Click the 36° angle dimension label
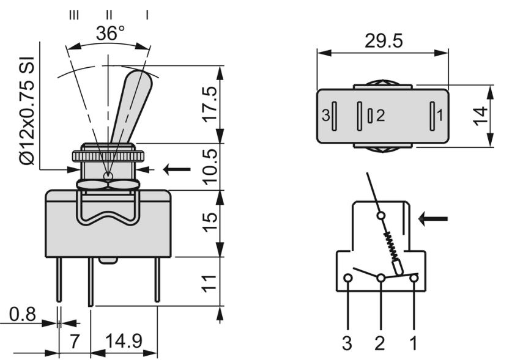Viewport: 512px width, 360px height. [110, 33]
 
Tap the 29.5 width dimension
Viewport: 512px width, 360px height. [384, 41]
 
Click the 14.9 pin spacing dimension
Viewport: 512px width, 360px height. [124, 342]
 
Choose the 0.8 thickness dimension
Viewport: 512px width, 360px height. [22, 315]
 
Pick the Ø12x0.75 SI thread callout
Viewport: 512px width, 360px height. [27, 111]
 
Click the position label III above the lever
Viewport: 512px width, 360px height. [74, 15]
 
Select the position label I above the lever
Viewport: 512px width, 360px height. [147, 15]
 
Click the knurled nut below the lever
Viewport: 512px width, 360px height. [108, 156]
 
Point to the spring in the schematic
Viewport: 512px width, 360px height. [391, 245]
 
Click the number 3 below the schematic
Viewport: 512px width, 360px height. [347, 343]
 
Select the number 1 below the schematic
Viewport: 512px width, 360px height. [414, 343]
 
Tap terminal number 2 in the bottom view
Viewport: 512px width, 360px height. [380, 116]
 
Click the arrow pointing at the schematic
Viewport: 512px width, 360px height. [432, 219]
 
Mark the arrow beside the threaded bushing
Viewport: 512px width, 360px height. [177, 169]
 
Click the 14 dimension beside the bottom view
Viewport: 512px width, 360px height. [480, 116]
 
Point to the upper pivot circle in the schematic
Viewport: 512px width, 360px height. [380, 215]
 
